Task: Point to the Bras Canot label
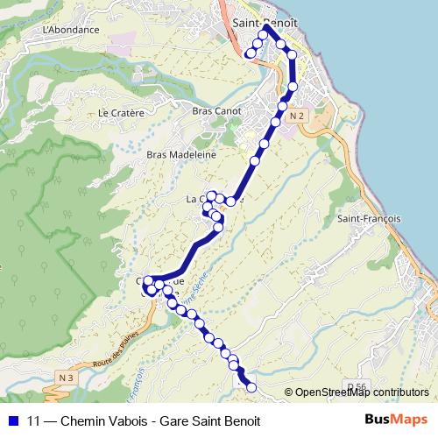pos(215,111)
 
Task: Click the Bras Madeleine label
pos(181,153)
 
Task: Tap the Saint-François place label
pos(369,218)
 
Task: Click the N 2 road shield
pos(297,116)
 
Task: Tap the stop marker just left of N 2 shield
pos(282,106)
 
